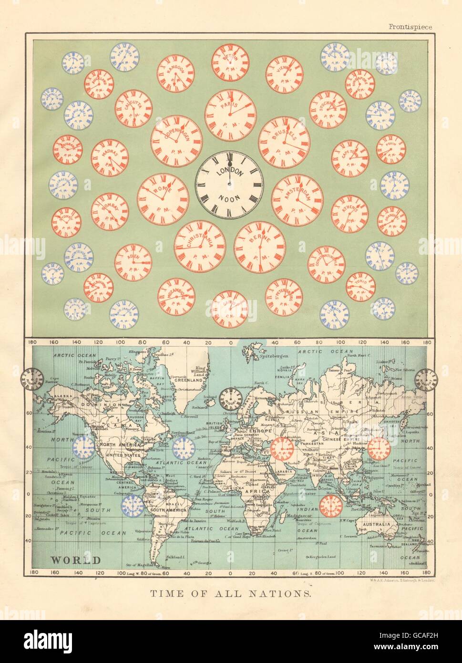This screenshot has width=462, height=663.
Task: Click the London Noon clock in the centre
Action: pos(227,185)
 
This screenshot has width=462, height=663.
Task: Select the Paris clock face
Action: pos(230,115)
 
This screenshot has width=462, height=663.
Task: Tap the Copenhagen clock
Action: pos(176,141)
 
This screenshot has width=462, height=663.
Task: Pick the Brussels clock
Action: pos(284,142)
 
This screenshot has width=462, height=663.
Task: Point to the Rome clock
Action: pos(163,199)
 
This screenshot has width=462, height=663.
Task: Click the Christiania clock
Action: pos(199,246)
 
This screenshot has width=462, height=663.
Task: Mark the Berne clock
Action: pos(260,247)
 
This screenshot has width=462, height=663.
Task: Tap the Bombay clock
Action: pos(110,211)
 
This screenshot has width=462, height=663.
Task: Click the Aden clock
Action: pos(133,262)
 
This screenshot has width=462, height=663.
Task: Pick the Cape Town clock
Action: pos(350,158)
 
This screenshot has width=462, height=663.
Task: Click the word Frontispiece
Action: pos(410,27)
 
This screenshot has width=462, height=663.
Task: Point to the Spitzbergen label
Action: pos(274,356)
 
